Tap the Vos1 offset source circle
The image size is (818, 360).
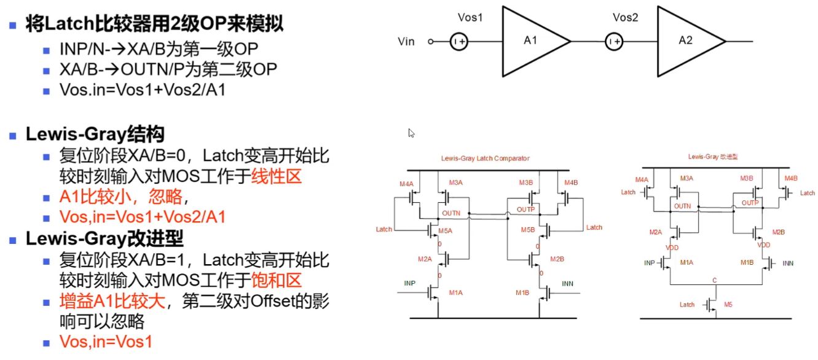coord(458,42)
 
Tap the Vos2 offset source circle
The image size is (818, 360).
coord(613,42)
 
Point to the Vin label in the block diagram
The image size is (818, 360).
coord(406,42)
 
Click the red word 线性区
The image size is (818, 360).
coord(277,176)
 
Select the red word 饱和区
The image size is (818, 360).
coord(277,281)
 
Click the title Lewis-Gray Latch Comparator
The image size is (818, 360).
coord(485,158)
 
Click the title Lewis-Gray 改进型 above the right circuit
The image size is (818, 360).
coord(712,157)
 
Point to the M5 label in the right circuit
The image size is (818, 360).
coord(728,305)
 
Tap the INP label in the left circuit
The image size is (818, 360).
coord(410,283)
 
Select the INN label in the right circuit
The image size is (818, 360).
coord(788,263)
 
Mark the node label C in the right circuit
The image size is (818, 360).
coord(715,280)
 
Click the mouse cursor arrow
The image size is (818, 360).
coord(411,133)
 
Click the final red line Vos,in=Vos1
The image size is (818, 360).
coord(105,342)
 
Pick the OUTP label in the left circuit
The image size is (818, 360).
coord(525,210)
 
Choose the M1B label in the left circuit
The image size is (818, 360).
coord(522,293)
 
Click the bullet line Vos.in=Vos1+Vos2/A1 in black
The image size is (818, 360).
coord(143,90)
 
